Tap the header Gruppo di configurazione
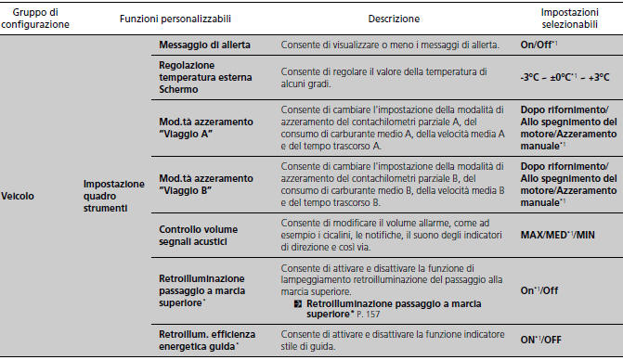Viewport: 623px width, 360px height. (x=36, y=18)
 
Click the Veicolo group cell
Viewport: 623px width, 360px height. (x=19, y=196)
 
